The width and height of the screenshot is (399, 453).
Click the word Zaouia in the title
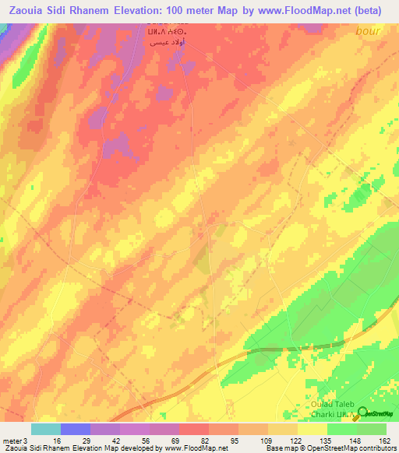tap(30, 11)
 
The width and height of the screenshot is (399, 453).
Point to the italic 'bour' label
tap(368, 31)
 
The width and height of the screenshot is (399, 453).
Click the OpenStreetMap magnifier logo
tap(362, 413)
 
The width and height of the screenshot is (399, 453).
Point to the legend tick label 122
tap(295, 441)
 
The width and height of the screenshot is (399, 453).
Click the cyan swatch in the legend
tap(46, 429)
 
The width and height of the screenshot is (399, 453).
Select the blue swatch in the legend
tap(76, 429)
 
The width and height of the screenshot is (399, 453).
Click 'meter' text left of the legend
tap(11, 441)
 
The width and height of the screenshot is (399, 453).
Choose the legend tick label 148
tap(355, 441)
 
